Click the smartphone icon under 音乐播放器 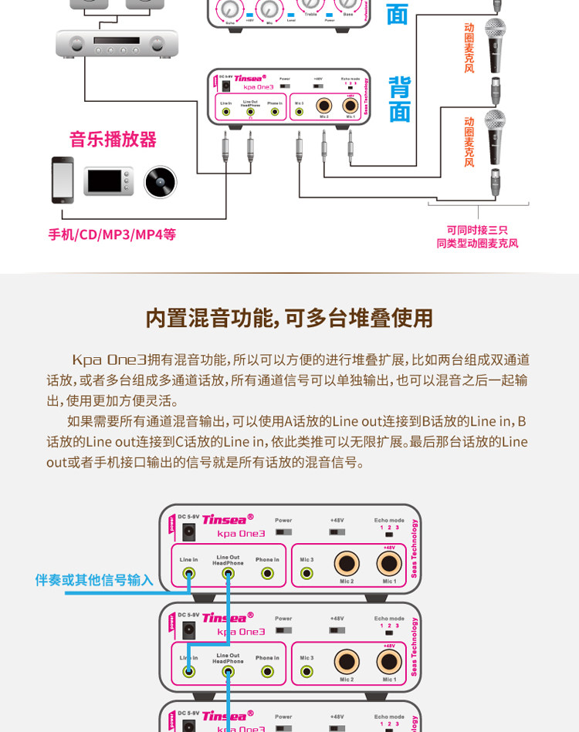coord(63,180)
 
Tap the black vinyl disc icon coord(161,182)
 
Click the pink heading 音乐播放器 coord(113,140)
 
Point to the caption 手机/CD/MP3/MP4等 coord(112,234)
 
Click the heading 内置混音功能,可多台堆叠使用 coord(289,318)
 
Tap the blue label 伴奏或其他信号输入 coord(94,580)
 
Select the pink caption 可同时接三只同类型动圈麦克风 coord(477,236)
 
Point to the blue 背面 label coord(399,99)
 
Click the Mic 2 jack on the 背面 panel coord(323,106)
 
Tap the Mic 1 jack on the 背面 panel coord(350,106)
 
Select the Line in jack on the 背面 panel coord(226,112)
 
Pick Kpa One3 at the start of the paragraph coord(109,359)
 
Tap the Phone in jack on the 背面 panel coord(275,112)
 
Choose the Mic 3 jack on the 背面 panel coord(300,112)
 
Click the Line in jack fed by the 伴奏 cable coord(189,573)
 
